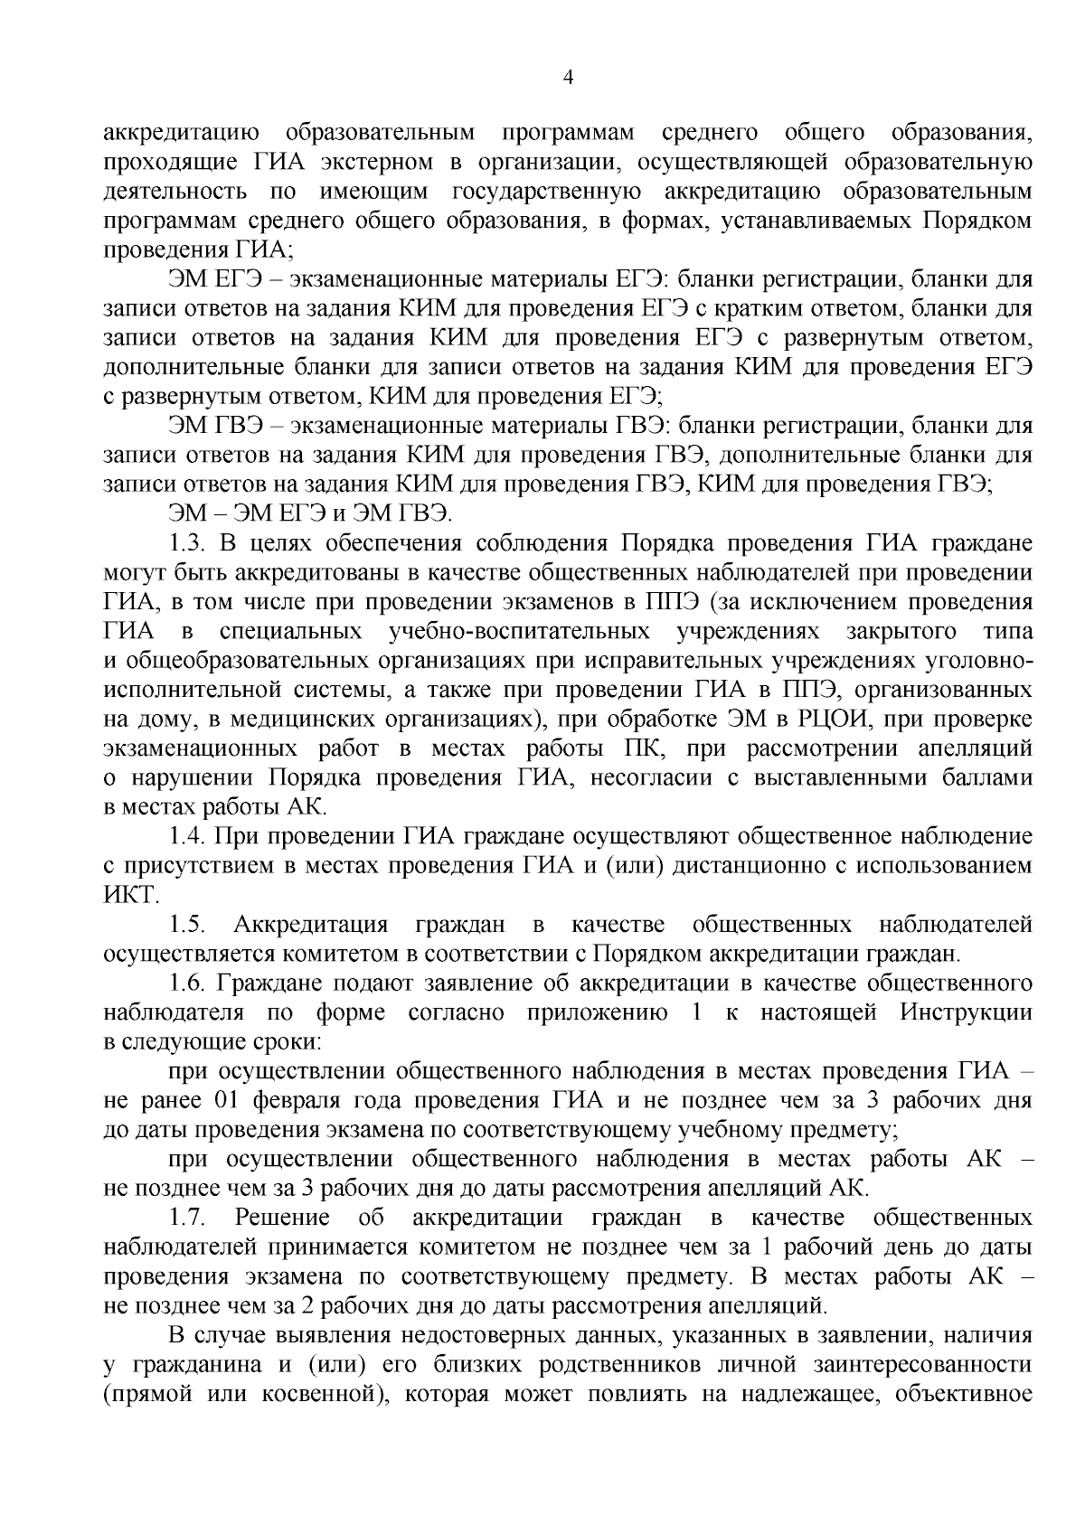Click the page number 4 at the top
click(567, 78)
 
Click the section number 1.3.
click(189, 543)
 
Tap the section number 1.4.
click(189, 836)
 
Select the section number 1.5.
click(189, 924)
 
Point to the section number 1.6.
click(189, 983)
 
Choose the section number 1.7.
click(189, 1217)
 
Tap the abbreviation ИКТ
click(131, 896)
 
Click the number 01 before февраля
click(227, 1100)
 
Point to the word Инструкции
click(966, 1012)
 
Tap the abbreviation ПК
click(642, 749)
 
